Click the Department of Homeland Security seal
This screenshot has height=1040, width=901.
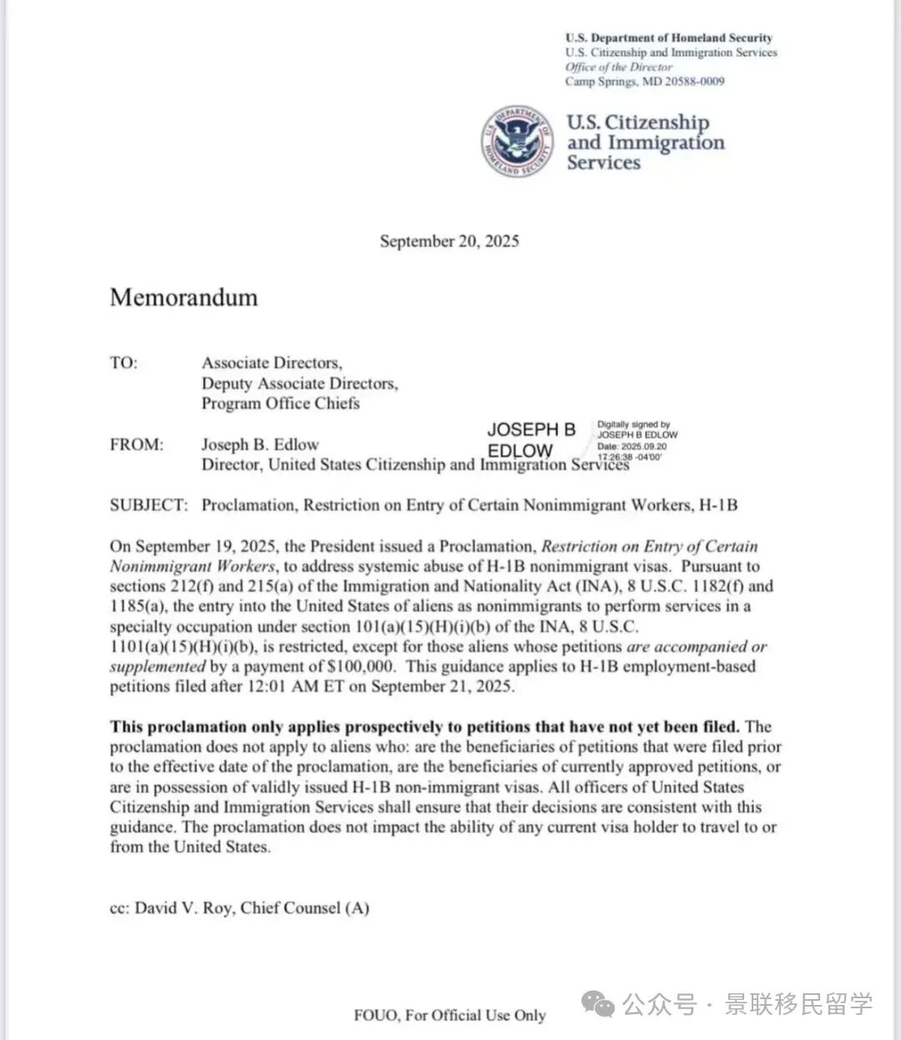pyautogui.click(x=517, y=141)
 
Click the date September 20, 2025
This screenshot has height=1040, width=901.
pyautogui.click(x=449, y=241)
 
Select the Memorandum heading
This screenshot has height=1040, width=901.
pyautogui.click(x=184, y=298)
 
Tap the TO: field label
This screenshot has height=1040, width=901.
pyautogui.click(x=123, y=363)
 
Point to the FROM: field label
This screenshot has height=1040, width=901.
pyautogui.click(x=136, y=445)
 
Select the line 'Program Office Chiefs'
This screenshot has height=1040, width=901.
pyautogui.click(x=280, y=403)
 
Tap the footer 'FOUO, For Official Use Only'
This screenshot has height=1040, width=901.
pyautogui.click(x=450, y=1015)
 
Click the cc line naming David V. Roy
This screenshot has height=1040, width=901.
pyautogui.click(x=239, y=907)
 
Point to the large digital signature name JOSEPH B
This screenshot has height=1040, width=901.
pyautogui.click(x=531, y=430)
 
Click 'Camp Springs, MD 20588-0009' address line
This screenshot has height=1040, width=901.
pyautogui.click(x=644, y=82)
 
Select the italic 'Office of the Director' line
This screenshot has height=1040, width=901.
pyautogui.click(x=618, y=67)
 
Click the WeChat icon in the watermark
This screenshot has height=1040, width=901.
pyautogui.click(x=600, y=1002)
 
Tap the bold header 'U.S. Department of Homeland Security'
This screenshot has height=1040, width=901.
pyautogui.click(x=668, y=38)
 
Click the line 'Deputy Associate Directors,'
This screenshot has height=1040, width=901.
pyautogui.click(x=299, y=383)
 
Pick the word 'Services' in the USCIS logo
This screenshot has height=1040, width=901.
pyautogui.click(x=603, y=162)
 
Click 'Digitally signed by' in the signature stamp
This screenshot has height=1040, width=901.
pyautogui.click(x=633, y=424)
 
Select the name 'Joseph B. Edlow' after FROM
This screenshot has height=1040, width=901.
pyautogui.click(x=259, y=445)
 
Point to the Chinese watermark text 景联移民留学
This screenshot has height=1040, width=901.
pyautogui.click(x=798, y=1003)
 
